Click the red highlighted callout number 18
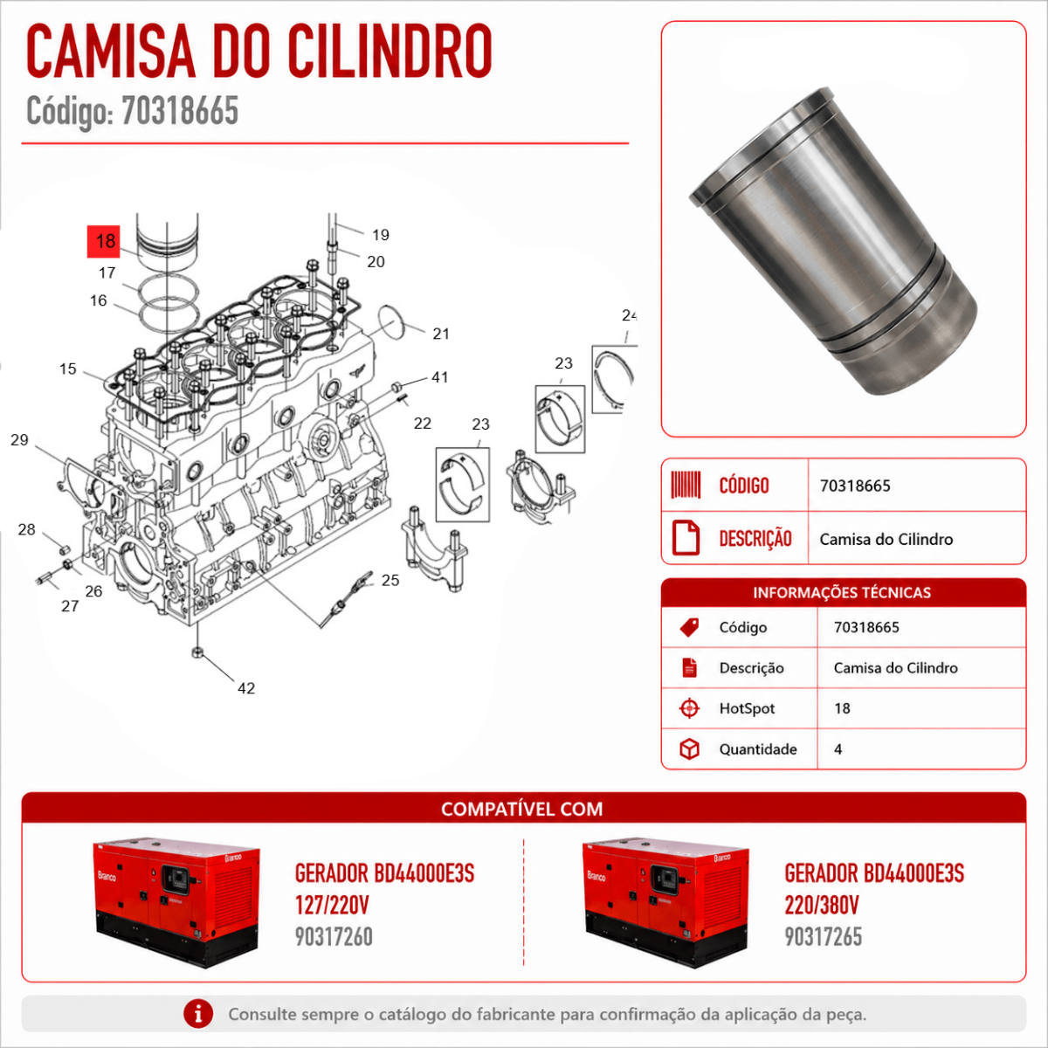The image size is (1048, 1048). point(104,241)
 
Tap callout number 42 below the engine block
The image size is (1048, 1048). point(246,688)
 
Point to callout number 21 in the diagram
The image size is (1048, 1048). point(441,334)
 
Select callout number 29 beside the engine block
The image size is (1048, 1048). point(19,439)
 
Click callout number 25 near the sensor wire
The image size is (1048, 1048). point(390,580)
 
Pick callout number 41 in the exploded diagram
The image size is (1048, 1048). point(440,377)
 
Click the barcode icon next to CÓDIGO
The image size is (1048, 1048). point(686,485)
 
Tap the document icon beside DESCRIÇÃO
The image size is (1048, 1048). point(686,538)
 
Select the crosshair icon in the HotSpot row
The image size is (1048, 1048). point(690,708)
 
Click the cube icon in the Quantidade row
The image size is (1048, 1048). point(690,748)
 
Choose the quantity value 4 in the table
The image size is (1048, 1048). point(838,749)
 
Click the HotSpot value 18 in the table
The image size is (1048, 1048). point(842,708)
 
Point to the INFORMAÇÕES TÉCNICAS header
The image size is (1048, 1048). point(842,592)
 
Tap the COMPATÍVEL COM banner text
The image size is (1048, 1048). point(522,809)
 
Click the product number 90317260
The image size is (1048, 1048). point(334,936)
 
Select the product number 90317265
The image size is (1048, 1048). point(824,936)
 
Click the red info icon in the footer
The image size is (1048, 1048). point(198,1014)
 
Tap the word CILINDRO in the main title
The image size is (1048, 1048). point(390,52)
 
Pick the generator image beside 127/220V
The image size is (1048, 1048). point(176,903)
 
